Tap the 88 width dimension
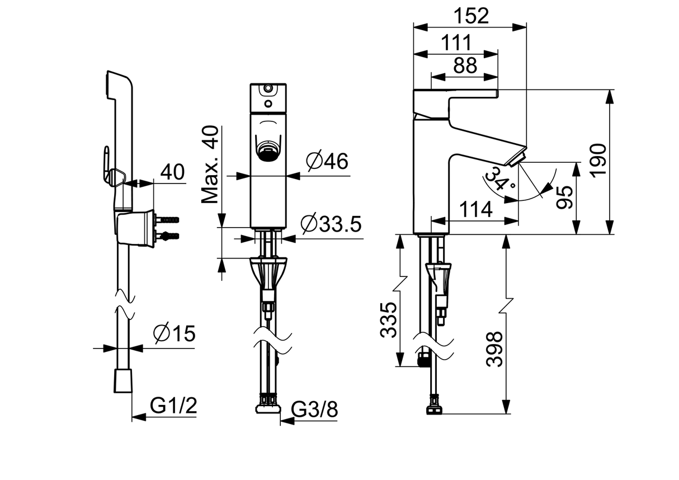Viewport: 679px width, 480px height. click(465, 65)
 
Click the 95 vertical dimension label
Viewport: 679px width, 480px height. click(565, 197)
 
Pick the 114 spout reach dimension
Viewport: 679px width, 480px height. click(475, 210)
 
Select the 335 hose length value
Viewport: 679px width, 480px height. click(389, 319)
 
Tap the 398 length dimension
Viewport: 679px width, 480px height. click(494, 349)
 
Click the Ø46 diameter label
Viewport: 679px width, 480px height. click(327, 162)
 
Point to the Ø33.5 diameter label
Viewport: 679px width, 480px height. click(331, 224)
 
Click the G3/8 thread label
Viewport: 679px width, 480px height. click(315, 411)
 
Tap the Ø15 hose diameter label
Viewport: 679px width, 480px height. click(174, 334)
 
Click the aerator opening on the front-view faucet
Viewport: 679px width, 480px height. click(267, 150)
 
